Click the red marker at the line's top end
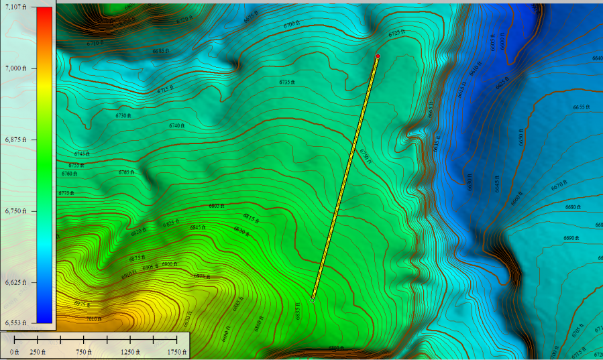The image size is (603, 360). tap(378, 56)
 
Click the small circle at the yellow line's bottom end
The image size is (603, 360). tap(313, 300)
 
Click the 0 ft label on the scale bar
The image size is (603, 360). tap(14, 352)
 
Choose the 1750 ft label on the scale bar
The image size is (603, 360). tap(177, 352)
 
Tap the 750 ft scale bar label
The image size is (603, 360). tap(84, 352)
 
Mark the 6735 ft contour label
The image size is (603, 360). tap(287, 82)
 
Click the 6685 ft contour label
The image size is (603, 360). tap(160, 51)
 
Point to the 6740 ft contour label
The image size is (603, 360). tap(176, 126)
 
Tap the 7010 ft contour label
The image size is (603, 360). tap(94, 319)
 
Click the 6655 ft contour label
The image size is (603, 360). tap(582, 107)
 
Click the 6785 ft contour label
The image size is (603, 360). tap(126, 172)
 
